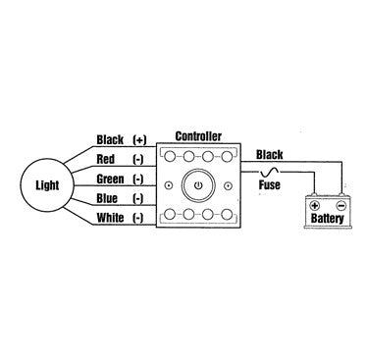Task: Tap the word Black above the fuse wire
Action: coord(270,153)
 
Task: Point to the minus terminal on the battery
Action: coord(339,207)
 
